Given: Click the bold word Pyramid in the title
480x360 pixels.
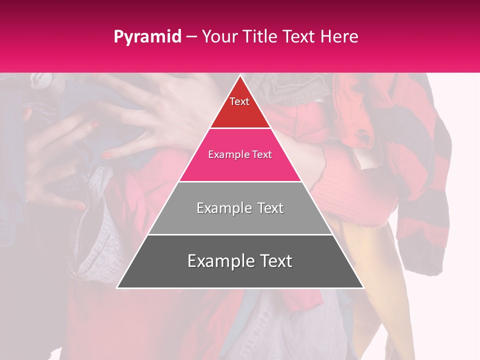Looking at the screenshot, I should pos(147,37).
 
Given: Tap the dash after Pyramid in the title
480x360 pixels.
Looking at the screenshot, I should pos(191,37).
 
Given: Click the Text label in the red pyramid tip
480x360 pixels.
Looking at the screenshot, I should pos(239,101).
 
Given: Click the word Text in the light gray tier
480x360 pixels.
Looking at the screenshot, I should pos(269,208).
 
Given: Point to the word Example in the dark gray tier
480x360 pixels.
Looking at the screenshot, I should pos(218,261).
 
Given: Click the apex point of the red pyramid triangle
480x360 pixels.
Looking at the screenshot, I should pos(240,75).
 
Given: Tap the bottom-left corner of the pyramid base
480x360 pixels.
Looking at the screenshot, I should pos(117,288).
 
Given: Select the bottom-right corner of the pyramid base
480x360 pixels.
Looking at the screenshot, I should pos(363,288).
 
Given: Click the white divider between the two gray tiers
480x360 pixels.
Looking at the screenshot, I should pos(240,234).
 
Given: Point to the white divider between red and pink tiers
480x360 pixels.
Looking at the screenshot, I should pos(240,128).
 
